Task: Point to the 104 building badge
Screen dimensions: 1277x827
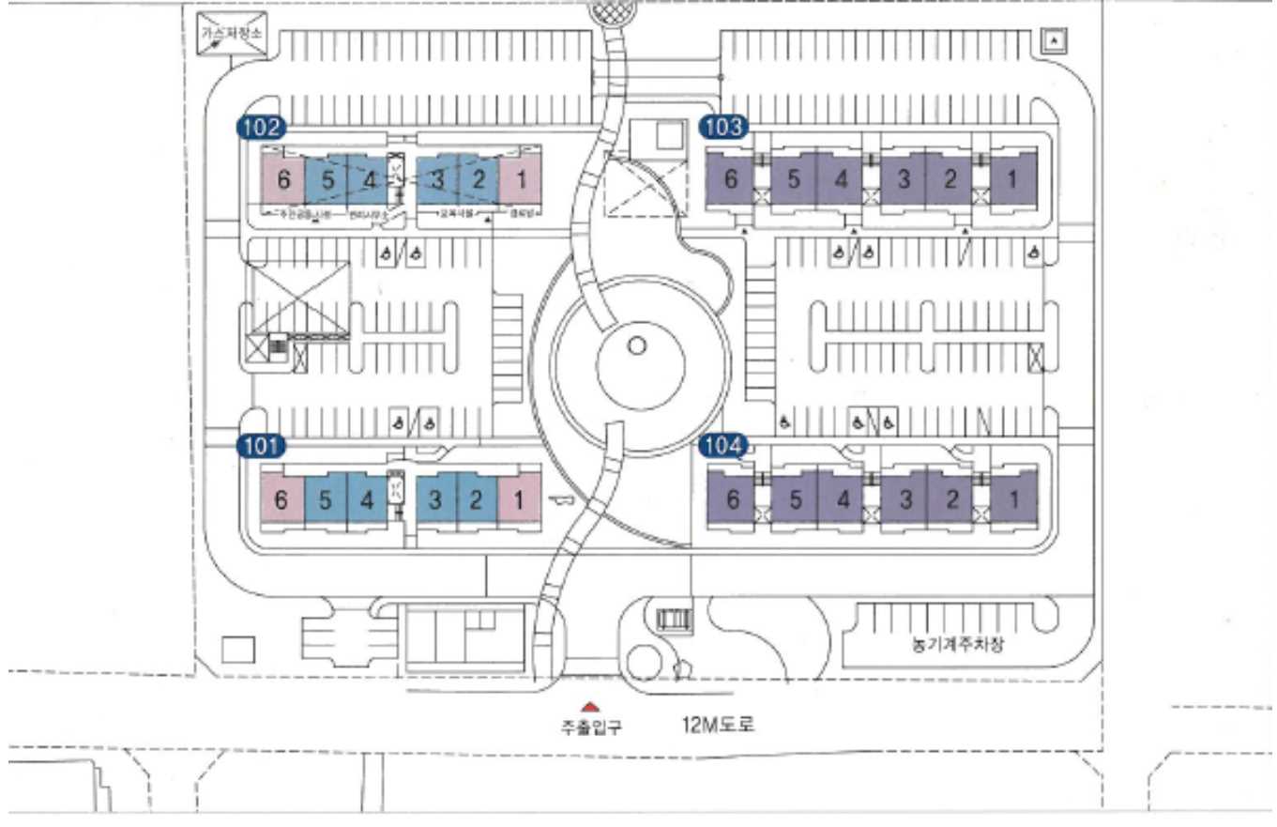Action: [722, 445]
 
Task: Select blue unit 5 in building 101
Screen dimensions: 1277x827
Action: [326, 498]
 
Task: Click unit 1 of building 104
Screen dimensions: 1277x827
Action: [1013, 498]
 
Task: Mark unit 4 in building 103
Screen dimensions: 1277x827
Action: [841, 178]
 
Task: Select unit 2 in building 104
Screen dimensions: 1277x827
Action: [952, 498]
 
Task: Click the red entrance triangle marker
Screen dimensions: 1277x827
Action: [590, 707]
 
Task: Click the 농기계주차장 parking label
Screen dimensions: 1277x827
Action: [950, 646]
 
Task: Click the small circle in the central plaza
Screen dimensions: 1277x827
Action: [637, 345]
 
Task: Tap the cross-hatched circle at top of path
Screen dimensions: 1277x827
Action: [612, 11]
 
